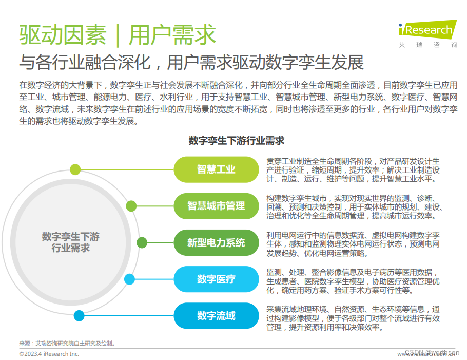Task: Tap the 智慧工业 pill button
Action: pyautogui.click(x=216, y=169)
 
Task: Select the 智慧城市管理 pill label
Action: pyautogui.click(x=216, y=206)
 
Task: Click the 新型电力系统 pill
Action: pyautogui.click(x=216, y=242)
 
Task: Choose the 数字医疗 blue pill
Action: pyautogui.click(x=216, y=279)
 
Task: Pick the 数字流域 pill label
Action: pyautogui.click(x=216, y=316)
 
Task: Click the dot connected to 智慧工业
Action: pyautogui.click(x=75, y=169)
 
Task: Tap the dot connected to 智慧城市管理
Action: pyautogui.click(x=131, y=206)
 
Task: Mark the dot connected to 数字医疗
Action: pyautogui.click(x=130, y=279)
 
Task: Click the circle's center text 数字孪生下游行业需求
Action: pyautogui.click(x=71, y=242)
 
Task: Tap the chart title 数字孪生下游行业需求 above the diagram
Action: pyautogui.click(x=236, y=140)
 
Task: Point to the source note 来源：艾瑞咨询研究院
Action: pyautogui.click(x=67, y=343)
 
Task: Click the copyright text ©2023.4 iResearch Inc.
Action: pyautogui.click(x=49, y=354)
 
